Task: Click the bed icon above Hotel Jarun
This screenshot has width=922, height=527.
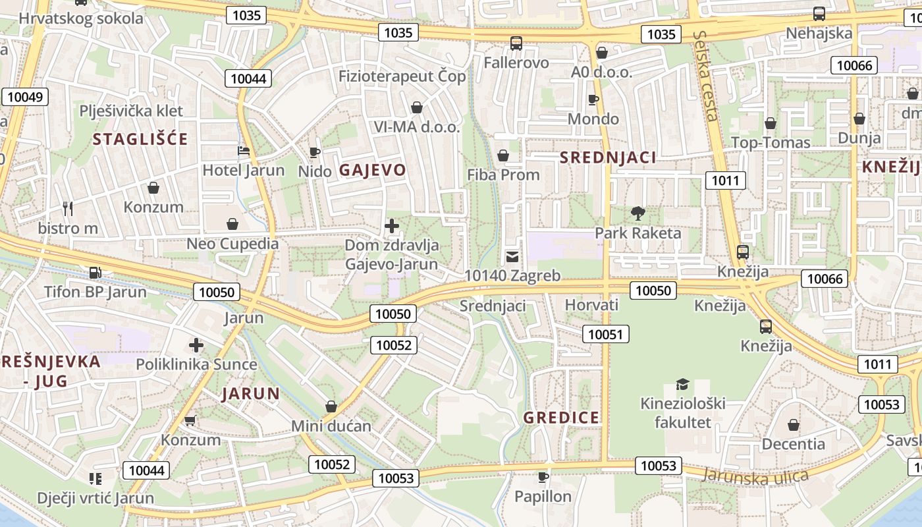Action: pyautogui.click(x=244, y=151)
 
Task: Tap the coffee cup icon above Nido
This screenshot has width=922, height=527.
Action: pyautogui.click(x=315, y=152)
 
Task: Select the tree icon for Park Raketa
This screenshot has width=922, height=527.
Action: pyautogui.click(x=637, y=213)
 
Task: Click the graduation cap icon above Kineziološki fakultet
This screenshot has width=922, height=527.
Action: pyautogui.click(x=683, y=384)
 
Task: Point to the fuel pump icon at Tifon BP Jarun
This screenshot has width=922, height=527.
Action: pyautogui.click(x=95, y=272)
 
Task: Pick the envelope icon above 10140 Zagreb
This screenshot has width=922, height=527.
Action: pyautogui.click(x=512, y=257)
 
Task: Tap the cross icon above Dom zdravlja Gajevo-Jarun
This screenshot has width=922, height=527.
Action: pyautogui.click(x=392, y=227)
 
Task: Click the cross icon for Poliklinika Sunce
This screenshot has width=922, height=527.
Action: pyautogui.click(x=196, y=345)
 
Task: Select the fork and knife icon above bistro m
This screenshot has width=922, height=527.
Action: pyautogui.click(x=67, y=209)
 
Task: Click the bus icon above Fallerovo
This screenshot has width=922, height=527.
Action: pyautogui.click(x=516, y=43)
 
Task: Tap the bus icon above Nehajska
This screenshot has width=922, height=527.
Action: pyautogui.click(x=819, y=13)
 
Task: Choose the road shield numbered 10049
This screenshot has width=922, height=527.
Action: pyautogui.click(x=25, y=97)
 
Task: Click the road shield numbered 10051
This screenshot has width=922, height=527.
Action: pyautogui.click(x=605, y=334)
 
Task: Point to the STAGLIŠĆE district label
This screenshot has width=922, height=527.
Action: pyautogui.click(x=140, y=139)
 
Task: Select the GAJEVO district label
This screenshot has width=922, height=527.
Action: pyautogui.click(x=373, y=170)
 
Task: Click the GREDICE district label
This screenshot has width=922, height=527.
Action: pyautogui.click(x=562, y=418)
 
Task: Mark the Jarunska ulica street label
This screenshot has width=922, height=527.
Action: pyautogui.click(x=755, y=476)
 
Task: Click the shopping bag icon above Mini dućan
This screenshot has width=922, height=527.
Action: pyautogui.click(x=331, y=407)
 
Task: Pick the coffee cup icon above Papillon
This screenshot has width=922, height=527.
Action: pyautogui.click(x=543, y=476)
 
